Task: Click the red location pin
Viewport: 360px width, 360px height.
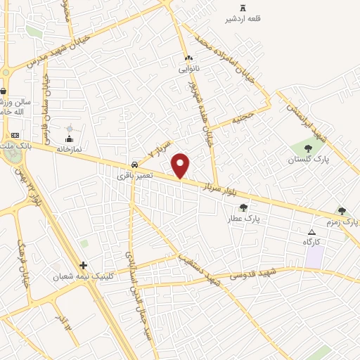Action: coord(181,166)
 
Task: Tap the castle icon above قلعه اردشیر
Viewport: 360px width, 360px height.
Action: coord(243,8)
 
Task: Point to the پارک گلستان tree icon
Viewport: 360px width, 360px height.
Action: coord(308,148)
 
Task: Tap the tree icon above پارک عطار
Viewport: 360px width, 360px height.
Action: coord(243,207)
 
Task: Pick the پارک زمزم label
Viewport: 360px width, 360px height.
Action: coord(345,221)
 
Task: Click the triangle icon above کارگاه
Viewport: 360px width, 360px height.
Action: coord(311,231)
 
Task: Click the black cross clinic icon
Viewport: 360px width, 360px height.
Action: coord(84,265)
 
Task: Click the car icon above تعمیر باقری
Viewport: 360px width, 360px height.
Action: coord(134,164)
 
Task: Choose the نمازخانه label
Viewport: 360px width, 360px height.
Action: coord(69,150)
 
